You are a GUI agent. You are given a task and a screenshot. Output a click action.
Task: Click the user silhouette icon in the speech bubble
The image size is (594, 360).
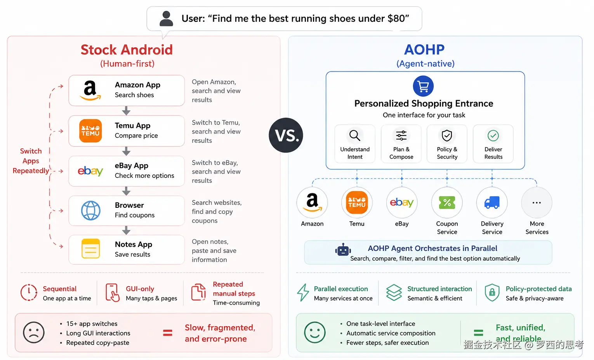tap(166, 19)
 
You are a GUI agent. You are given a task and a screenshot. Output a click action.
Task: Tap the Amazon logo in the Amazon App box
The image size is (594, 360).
tap(90, 90)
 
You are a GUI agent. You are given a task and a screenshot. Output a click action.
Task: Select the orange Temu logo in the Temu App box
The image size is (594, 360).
tap(90, 131)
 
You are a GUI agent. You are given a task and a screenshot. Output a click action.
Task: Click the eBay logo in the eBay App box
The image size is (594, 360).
tap(90, 171)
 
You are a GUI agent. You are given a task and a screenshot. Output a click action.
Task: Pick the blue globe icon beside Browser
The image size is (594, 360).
tap(91, 210)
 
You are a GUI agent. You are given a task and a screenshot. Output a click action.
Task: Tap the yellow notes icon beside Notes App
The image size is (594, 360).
tap(91, 249)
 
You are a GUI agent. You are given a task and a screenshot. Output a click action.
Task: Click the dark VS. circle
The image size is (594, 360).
tap(286, 135)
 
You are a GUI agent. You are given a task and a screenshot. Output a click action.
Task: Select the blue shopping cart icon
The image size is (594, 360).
tap(423, 86)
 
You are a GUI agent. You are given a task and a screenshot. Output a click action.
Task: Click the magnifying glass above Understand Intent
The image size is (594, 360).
tap(354, 136)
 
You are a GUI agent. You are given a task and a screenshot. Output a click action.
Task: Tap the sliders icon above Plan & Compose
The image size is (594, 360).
tap(401, 136)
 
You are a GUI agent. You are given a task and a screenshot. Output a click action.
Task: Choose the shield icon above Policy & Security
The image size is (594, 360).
tap(447, 136)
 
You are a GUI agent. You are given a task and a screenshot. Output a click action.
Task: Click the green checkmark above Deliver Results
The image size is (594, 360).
tap(493, 136)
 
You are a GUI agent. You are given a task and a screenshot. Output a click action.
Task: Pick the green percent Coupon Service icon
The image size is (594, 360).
tap(447, 203)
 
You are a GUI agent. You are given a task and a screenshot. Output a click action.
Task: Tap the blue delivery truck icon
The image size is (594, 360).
tap(492, 203)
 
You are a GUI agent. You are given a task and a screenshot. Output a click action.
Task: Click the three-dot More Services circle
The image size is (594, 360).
tap(537, 203)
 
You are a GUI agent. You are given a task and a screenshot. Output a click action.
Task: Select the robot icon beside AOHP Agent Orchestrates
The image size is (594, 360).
tap(343, 250)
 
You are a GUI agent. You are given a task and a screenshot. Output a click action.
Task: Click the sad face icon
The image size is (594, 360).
tap(34, 332)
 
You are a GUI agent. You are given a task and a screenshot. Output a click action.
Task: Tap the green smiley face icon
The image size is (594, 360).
tap(315, 332)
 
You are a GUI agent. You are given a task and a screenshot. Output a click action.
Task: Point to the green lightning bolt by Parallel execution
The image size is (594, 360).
tap(303, 292)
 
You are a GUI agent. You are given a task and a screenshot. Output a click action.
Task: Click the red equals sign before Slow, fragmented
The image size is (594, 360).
tap(168, 333)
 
